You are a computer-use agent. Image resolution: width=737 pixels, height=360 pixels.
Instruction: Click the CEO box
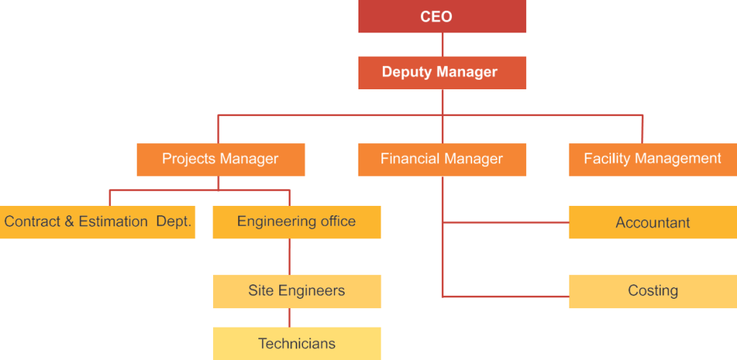[442, 16]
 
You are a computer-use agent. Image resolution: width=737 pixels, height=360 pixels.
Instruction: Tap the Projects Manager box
[221, 159]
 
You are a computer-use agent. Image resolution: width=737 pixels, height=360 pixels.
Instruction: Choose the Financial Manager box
[442, 159]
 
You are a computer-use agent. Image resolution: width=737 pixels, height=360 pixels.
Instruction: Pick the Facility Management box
[652, 159]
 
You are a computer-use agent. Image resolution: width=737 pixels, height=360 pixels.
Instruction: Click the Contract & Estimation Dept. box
[98, 222]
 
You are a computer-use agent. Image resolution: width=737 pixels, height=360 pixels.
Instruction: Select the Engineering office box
[297, 222]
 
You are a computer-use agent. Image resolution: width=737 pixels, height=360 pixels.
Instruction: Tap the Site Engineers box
[297, 291]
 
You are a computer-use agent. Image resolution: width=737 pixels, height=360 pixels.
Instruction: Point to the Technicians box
[297, 343]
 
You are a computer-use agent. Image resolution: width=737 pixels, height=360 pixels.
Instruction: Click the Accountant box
[652, 222]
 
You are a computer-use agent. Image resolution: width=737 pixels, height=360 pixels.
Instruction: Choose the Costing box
[652, 291]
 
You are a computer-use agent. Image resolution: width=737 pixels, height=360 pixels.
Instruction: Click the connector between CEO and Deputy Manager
[442, 44]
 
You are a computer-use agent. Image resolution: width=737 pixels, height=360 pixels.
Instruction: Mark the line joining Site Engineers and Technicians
[289, 318]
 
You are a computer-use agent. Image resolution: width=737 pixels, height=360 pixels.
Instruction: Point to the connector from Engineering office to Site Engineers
[289, 256]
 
